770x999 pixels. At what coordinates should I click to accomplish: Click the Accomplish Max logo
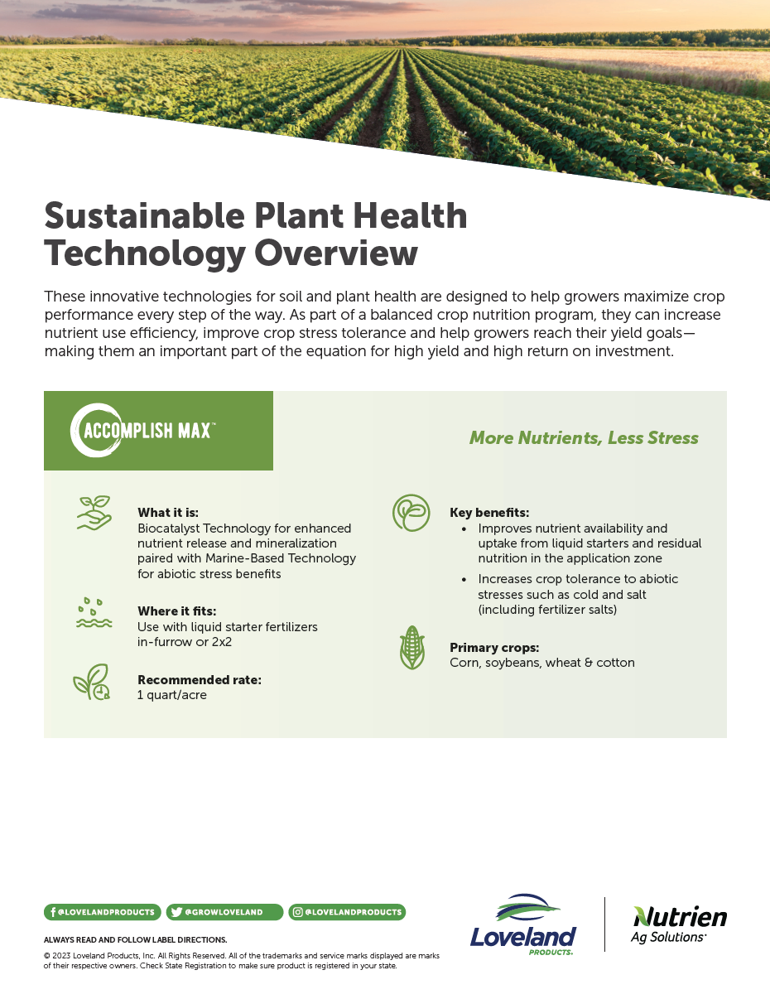pos(142,430)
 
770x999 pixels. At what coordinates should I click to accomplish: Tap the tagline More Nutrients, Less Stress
pos(584,437)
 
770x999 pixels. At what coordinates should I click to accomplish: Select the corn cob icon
pos(412,647)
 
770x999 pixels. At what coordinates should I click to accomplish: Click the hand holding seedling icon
pos(94,513)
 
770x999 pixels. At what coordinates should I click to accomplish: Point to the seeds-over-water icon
pos(94,613)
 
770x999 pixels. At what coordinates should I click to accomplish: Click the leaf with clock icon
pos(92,682)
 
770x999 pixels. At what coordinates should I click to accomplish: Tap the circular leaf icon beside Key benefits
pos(411,513)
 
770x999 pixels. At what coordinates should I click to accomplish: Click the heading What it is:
pos(168,513)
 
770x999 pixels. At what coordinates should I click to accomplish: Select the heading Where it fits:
pos(177,611)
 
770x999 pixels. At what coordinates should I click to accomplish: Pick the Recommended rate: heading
pos(200,679)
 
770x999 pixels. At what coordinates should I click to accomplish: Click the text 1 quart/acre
pos(172,695)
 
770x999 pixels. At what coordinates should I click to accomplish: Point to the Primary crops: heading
pos(494,647)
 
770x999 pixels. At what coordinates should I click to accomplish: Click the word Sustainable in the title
pos(145,215)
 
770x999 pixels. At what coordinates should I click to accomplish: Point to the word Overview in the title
pos(336,253)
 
